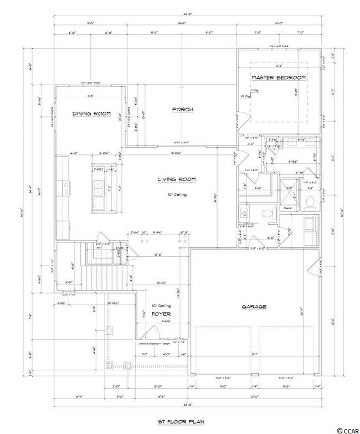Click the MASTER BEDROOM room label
point(279,77)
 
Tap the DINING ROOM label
point(91,113)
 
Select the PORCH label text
point(182,110)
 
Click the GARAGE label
point(254,307)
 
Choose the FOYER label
point(158,314)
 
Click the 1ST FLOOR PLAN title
point(180,422)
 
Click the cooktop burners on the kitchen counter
point(66,189)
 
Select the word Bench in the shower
point(287,208)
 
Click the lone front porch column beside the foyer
point(109,332)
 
